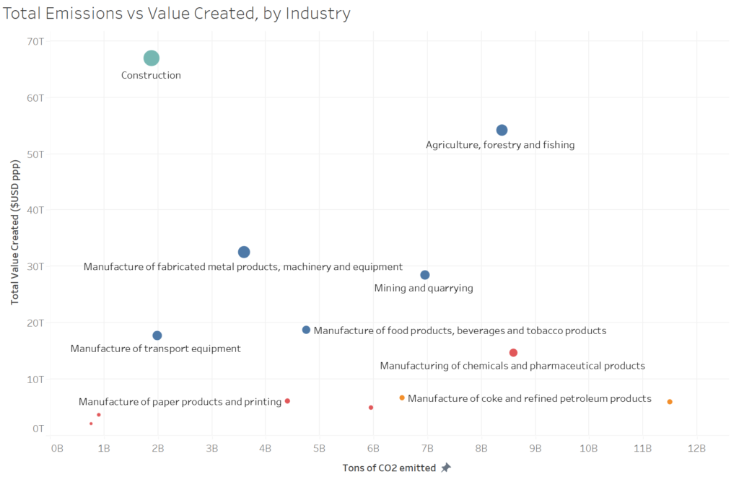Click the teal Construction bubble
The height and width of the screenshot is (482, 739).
(151, 58)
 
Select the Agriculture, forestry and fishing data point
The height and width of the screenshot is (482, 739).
(502, 130)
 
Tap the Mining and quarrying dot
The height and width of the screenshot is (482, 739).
(425, 275)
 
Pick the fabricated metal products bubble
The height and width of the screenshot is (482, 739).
(244, 252)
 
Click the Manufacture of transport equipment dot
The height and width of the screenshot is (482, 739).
(157, 336)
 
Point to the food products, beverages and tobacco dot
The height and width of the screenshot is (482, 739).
(306, 330)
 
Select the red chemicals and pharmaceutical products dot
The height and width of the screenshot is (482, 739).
(513, 353)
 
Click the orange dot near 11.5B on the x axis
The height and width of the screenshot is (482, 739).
(670, 402)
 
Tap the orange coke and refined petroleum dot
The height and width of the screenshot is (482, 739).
(402, 398)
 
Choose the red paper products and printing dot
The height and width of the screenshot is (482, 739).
(287, 401)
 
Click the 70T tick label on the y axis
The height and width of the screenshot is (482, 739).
(35, 41)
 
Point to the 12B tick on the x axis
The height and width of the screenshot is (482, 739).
(696, 448)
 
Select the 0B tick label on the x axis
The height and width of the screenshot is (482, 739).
(57, 448)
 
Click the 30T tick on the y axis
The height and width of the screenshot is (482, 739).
(35, 266)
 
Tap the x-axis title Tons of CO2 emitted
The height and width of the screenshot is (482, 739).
(389, 468)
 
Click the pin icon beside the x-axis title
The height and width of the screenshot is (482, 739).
(446, 468)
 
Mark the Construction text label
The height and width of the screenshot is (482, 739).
(151, 75)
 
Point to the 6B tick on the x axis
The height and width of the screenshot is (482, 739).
(373, 448)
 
